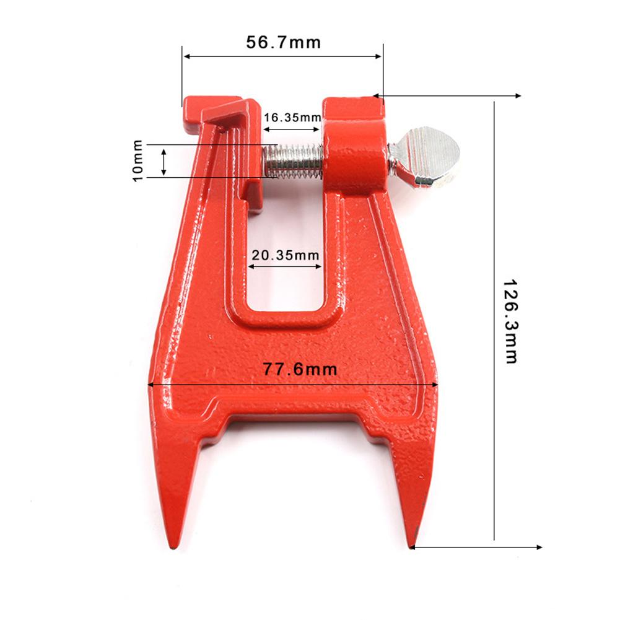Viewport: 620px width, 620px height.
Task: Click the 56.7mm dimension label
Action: pos(283,43)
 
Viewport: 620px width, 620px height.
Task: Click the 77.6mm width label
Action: pos(292,370)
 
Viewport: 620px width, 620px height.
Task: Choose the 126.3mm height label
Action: pos(510,320)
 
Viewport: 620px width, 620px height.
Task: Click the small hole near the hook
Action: pos(222,130)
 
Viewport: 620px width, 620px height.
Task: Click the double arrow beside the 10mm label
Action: pos(164,161)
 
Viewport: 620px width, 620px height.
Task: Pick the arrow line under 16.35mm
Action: pos(291,129)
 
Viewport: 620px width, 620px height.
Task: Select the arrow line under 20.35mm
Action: pos(285,268)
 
